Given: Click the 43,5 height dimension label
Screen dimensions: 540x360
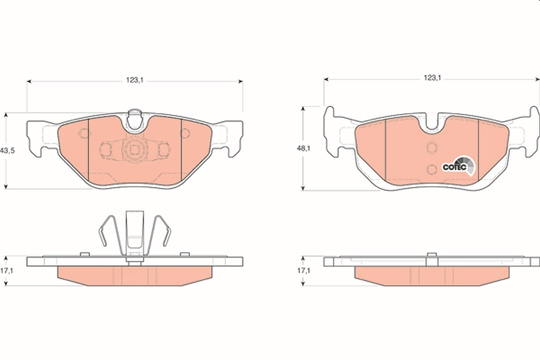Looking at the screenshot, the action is click(8, 151).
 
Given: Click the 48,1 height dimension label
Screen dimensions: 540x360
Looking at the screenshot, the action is click(303, 148).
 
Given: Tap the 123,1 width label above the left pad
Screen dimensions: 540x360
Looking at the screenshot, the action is click(135, 80).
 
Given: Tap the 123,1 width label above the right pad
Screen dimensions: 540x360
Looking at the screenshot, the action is click(432, 78).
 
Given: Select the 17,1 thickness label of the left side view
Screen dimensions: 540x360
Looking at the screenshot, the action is click(7, 271).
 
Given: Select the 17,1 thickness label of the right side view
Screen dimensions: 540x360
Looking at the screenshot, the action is click(303, 271).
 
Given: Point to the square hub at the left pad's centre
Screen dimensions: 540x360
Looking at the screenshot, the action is click(135, 150).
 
